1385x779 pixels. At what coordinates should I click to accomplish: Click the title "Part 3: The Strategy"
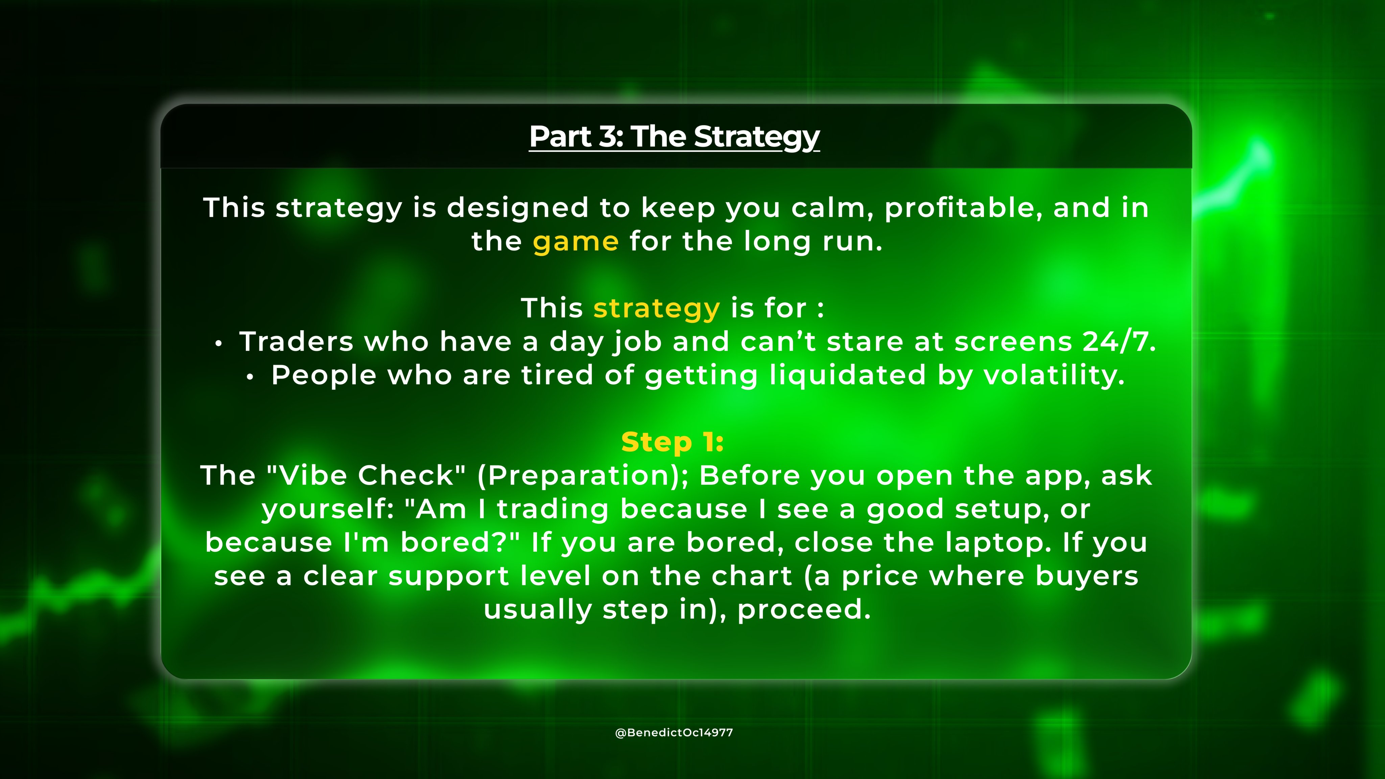674,137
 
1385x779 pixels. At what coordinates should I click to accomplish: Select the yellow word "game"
576,242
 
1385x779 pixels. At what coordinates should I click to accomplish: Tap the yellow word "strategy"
656,309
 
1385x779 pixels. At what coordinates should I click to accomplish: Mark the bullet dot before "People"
250,377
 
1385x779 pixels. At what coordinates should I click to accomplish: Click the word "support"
448,577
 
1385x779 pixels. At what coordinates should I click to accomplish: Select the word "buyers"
1087,576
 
